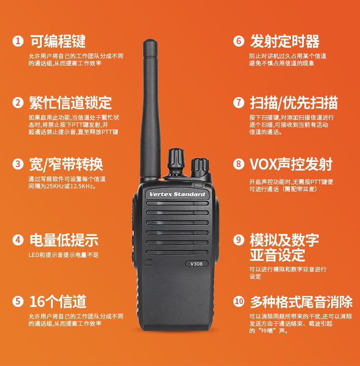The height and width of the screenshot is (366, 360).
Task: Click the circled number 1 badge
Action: coord(18,41)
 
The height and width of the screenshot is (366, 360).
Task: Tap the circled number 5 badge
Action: coord(18,301)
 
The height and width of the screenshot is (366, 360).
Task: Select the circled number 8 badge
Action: coord(239,164)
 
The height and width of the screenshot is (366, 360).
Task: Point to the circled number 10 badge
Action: coord(239,301)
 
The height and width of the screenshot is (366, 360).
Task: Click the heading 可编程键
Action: coord(58,41)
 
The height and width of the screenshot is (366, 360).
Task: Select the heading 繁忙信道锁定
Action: coord(71,102)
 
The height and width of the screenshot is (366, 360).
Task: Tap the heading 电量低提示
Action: coord(64,240)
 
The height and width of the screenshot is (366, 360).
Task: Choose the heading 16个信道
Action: coord(58,301)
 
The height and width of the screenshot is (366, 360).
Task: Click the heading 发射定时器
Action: coord(285,41)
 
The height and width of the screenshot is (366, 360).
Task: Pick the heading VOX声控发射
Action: coord(291,164)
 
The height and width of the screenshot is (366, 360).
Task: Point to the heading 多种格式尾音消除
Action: coord(301,302)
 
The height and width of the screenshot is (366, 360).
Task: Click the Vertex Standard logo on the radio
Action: coord(177,194)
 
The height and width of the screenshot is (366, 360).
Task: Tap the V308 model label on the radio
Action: coord(196,264)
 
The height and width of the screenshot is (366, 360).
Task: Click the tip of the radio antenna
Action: coord(150,40)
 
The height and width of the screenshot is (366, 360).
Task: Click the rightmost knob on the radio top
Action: coord(200,168)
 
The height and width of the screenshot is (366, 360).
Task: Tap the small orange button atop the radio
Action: coord(161,180)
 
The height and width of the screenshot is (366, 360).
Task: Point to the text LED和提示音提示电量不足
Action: coord(64,255)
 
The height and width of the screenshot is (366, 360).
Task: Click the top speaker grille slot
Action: coord(177,203)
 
